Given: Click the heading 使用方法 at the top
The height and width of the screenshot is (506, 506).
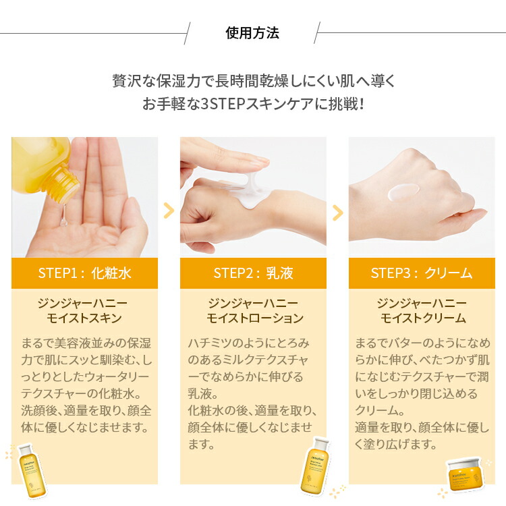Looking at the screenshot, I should [x=252, y=33].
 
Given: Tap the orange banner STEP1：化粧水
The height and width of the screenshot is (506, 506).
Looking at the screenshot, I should [x=84, y=273].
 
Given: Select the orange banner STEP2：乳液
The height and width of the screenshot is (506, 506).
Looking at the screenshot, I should [x=253, y=273].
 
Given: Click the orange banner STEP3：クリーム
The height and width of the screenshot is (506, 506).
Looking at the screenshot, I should [x=422, y=273].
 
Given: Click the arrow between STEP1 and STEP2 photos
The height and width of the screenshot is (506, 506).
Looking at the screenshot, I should [x=169, y=211].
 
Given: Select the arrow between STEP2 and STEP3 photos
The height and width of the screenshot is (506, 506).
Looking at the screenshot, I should [x=337, y=213].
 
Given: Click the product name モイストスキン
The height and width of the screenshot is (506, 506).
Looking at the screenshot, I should [x=84, y=318].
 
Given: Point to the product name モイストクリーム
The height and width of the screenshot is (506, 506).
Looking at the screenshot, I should [x=422, y=318].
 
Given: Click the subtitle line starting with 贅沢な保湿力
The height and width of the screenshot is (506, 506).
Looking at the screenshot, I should [x=253, y=81].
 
